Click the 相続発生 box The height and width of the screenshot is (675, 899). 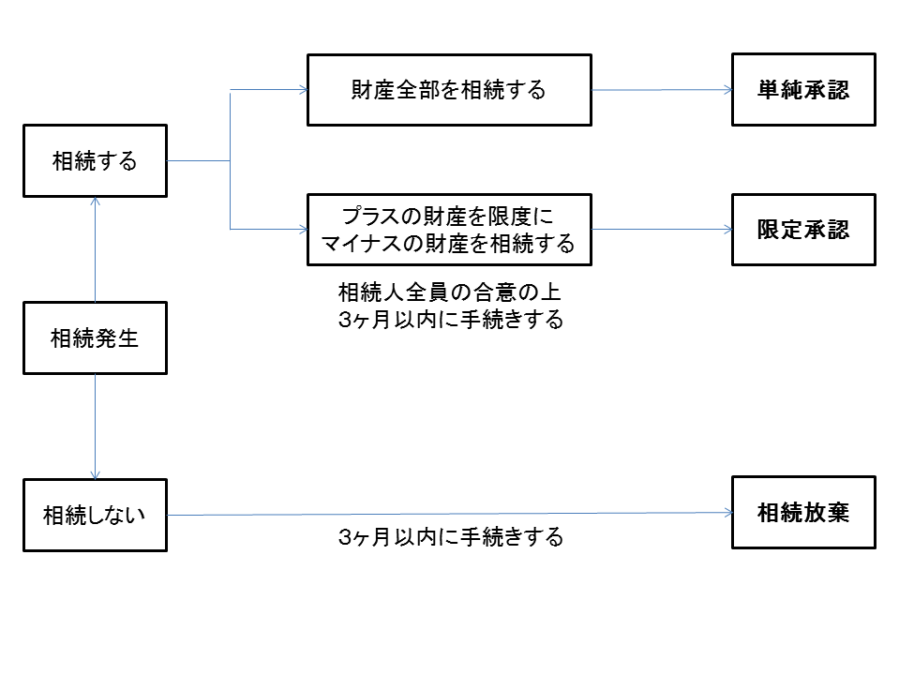coord(95,337)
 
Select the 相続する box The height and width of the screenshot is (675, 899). coord(95,160)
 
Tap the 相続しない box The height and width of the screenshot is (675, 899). coord(95,515)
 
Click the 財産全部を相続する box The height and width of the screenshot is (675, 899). coord(449,90)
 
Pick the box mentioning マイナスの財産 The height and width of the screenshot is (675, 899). coord(449,230)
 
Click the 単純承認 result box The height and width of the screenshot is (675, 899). coord(803,90)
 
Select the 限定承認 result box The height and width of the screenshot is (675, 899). coord(803,230)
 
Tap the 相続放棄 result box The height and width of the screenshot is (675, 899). coord(803,512)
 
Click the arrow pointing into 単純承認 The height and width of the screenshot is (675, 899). coord(661,90)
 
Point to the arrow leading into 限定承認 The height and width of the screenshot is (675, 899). coord(661,230)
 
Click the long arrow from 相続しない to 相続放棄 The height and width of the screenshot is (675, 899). coord(450,514)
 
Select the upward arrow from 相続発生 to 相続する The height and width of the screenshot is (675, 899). coord(95,248)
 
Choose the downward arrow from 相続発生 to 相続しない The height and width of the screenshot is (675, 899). coord(95,427)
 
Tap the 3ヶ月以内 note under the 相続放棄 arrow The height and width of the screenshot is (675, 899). coord(451,538)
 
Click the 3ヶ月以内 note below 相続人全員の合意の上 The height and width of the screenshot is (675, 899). coord(451,320)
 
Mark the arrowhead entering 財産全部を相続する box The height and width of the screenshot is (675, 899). coord(303,90)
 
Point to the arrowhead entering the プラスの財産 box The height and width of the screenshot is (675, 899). coord(303,230)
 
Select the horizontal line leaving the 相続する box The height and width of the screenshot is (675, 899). coord(199,160)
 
